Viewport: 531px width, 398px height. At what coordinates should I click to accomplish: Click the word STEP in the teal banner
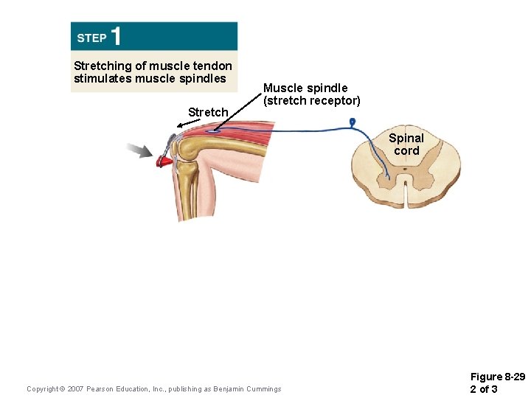pyautogui.click(x=91, y=38)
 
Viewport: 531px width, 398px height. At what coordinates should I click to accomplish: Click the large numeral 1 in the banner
pyautogui.click(x=117, y=36)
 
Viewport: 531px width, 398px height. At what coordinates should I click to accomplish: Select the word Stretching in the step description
pyautogui.click(x=102, y=66)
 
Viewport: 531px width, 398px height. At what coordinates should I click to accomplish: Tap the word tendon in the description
pyautogui.click(x=212, y=66)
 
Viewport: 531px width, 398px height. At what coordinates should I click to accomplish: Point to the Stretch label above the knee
pyautogui.click(x=208, y=112)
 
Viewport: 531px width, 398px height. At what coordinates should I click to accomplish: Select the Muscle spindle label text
pyautogui.click(x=305, y=88)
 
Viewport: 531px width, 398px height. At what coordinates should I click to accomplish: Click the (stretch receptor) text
pyautogui.click(x=312, y=100)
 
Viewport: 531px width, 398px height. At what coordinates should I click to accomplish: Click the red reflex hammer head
pyautogui.click(x=164, y=159)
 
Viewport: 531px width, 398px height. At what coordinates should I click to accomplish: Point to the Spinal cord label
pyautogui.click(x=406, y=144)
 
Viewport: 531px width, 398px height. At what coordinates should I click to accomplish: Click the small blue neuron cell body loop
pyautogui.click(x=353, y=122)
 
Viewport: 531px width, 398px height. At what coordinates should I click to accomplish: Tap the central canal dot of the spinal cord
pyautogui.click(x=406, y=170)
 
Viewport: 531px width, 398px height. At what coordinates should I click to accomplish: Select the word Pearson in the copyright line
pyautogui.click(x=102, y=389)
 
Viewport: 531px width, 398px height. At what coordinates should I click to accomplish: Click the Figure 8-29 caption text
pyautogui.click(x=497, y=377)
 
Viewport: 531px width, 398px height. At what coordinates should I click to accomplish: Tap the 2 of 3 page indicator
pyautogui.click(x=484, y=389)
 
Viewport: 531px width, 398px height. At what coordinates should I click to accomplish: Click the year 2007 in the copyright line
pyautogui.click(x=74, y=389)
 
